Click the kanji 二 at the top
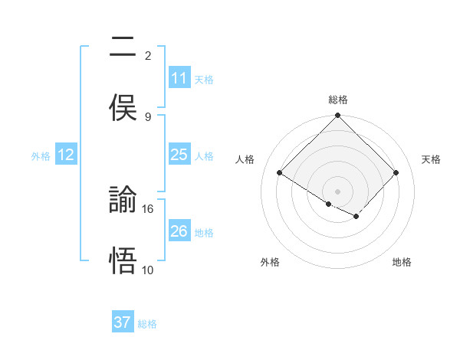[124, 47]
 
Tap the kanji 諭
[124, 201]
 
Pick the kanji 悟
[124, 261]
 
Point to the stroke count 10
[148, 270]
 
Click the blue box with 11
[179, 78]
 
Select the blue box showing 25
[179, 155]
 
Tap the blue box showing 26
[179, 231]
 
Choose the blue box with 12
[67, 155]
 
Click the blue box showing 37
[123, 322]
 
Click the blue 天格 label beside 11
[204, 79]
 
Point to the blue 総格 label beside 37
[147, 323]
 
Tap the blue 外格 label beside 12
[41, 155]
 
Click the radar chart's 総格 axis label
[338, 100]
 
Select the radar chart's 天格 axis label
[431, 159]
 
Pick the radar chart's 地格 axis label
[402, 262]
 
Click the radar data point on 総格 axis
[338, 116]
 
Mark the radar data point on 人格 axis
[280, 172]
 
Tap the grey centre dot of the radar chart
[338, 191]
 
